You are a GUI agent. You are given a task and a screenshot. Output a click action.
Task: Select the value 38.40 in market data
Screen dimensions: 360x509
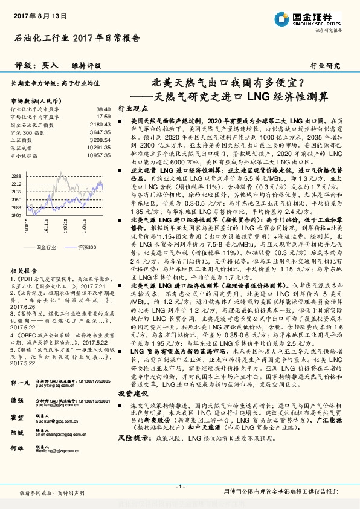103,108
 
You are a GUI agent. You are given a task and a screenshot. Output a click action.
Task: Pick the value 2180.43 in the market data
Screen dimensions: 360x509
98,124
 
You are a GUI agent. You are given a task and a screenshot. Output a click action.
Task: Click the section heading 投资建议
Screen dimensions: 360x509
133,375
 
